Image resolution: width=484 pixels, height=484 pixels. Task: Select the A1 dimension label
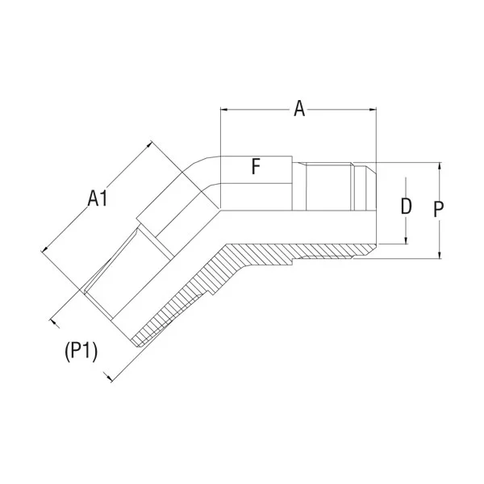pos(98,198)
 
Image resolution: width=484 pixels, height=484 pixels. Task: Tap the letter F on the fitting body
pos(255,167)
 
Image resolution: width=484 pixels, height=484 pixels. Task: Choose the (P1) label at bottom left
pos(80,351)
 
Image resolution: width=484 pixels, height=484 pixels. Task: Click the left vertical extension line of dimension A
pos(220,129)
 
